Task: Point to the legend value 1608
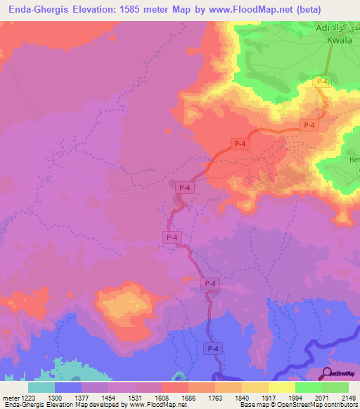click(161, 398)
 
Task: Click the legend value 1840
click(241, 398)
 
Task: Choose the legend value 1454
click(108, 398)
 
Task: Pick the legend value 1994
click(295, 398)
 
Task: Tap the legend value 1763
click(214, 398)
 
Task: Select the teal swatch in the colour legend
click(41, 387)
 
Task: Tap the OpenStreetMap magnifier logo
click(328, 373)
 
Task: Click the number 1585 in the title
click(146, 10)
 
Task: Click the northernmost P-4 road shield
click(321, 82)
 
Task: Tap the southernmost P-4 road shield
click(212, 349)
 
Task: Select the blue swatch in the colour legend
click(68, 387)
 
